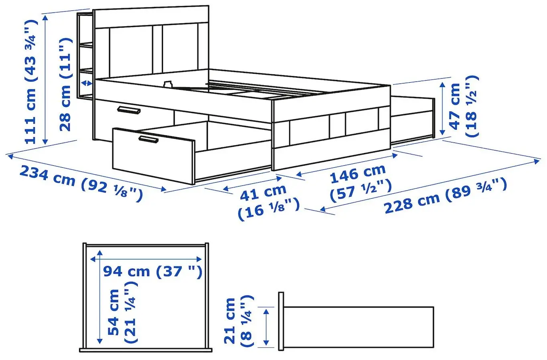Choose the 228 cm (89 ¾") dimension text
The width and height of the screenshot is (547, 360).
click(445, 197)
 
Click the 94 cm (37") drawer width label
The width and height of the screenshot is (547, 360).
click(152, 272)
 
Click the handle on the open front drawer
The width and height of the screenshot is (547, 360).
click(148, 139)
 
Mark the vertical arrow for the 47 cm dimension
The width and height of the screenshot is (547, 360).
click(443, 108)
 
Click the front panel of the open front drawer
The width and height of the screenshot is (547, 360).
click(152, 157)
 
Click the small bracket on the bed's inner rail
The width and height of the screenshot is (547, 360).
click(168, 84)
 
